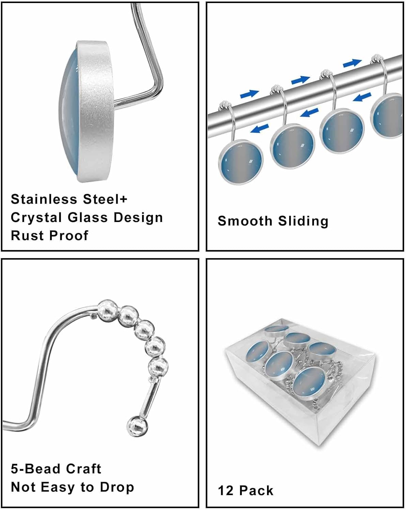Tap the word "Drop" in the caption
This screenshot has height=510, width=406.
point(116,487)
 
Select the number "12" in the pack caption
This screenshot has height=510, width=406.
point(225,491)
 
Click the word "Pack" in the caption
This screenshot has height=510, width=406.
point(256,491)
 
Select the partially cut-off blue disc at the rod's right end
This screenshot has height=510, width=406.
point(388,116)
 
